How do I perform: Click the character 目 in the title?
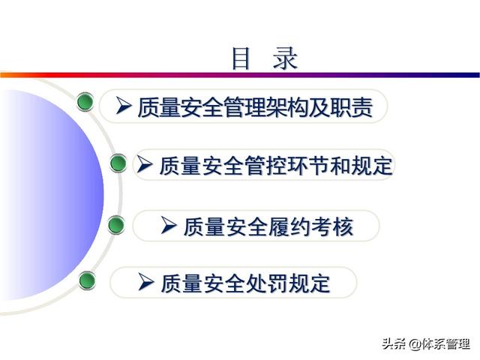[x=241, y=58]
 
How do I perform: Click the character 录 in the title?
[x=285, y=58]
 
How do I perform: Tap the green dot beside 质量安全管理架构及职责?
[x=85, y=102]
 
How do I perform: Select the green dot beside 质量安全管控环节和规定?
[x=118, y=163]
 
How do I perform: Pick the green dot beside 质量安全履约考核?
[x=117, y=225]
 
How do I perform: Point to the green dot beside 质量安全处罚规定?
[x=87, y=280]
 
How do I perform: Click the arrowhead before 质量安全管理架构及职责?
[x=124, y=106]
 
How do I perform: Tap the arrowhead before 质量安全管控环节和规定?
[x=145, y=164]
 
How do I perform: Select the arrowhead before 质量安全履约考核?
[x=169, y=226]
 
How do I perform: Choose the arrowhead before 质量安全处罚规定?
[x=146, y=282]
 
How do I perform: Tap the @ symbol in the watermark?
[x=415, y=344]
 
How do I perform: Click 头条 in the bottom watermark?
[x=394, y=344]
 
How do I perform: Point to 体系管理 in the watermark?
[x=446, y=344]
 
